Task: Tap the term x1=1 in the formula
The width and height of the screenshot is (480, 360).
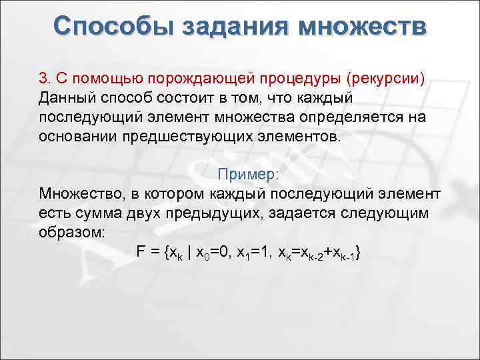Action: (x=263, y=254)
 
